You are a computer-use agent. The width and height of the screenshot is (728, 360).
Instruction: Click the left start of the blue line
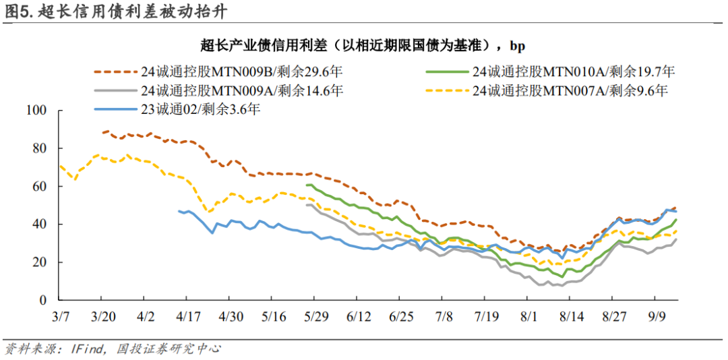point(179,211)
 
